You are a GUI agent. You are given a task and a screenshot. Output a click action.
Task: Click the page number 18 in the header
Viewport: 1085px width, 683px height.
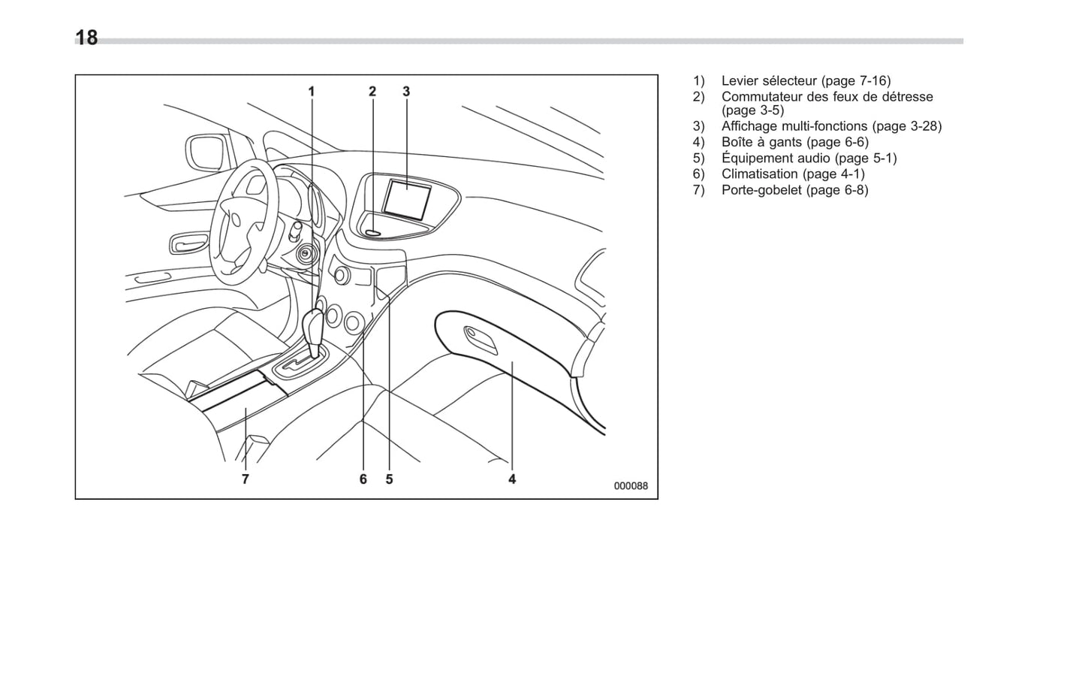(86, 38)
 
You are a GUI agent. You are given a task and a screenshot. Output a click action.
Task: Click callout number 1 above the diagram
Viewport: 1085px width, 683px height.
(312, 92)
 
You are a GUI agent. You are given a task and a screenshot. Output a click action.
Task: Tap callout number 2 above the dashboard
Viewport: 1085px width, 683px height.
(372, 92)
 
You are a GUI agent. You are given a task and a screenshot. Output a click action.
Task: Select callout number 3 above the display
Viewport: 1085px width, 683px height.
(406, 92)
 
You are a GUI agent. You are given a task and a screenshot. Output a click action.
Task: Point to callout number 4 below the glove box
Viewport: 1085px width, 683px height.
(512, 479)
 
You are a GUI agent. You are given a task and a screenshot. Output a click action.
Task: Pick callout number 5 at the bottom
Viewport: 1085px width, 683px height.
(389, 479)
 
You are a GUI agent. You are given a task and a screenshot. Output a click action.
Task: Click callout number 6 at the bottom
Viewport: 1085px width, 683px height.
(363, 479)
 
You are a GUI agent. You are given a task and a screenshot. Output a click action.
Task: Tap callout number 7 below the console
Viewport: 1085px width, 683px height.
(246, 479)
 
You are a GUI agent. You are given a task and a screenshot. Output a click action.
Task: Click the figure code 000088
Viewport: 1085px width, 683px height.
(631, 486)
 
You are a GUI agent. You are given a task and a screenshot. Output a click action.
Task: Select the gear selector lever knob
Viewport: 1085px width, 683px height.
(313, 328)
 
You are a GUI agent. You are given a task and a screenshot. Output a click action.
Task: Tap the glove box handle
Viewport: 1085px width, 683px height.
(481, 340)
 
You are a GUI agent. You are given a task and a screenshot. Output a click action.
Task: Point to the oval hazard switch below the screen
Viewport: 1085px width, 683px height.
(374, 233)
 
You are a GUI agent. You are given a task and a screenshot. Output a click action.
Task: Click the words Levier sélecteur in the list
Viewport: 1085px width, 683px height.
(768, 81)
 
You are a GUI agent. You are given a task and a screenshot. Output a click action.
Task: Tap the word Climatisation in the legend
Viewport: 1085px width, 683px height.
(759, 174)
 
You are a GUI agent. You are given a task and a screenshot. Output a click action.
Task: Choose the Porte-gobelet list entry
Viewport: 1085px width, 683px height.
(761, 190)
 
